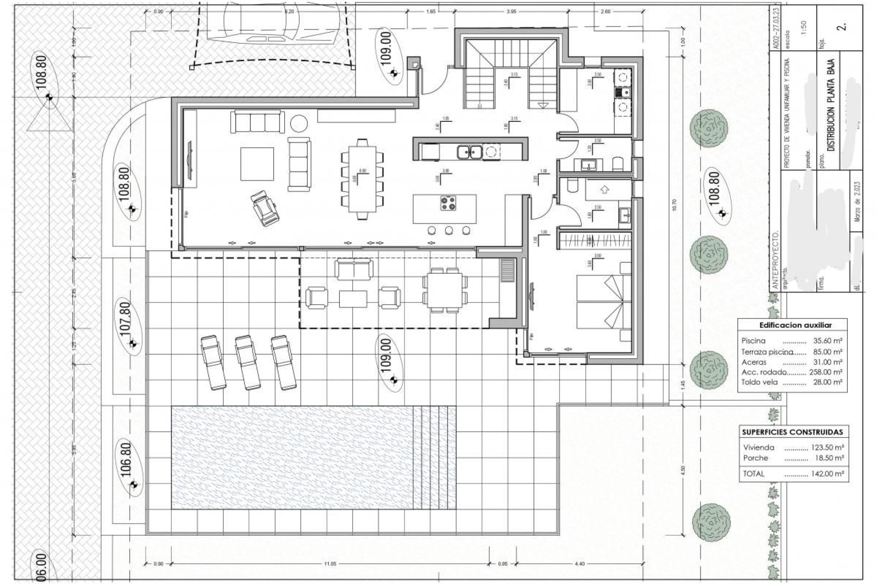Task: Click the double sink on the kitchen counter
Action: [x=469, y=151]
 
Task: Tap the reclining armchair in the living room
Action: [x=265, y=209]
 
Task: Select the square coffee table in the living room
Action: [x=257, y=164]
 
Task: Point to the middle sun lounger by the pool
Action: [x=247, y=363]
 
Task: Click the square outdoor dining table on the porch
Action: [x=445, y=290]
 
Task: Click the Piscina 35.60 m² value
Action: [x=828, y=340]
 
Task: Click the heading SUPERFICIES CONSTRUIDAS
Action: [x=792, y=432]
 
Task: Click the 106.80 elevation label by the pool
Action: [x=126, y=459]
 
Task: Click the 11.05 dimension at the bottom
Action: [x=330, y=564]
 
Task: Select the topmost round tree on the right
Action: [x=708, y=128]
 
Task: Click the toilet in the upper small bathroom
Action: [x=617, y=163]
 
